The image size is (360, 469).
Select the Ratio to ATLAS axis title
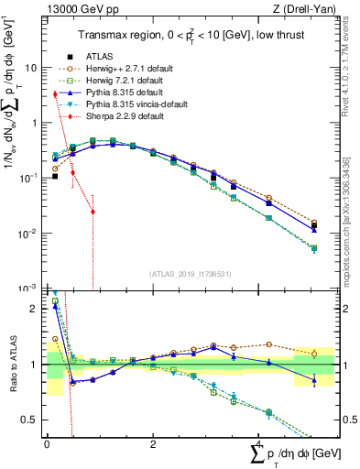12,365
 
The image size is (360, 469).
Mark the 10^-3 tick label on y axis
30,289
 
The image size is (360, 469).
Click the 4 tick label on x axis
259,444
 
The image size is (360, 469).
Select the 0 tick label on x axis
46,444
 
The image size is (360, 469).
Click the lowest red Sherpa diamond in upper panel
93,212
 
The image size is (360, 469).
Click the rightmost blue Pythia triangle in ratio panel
314,379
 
